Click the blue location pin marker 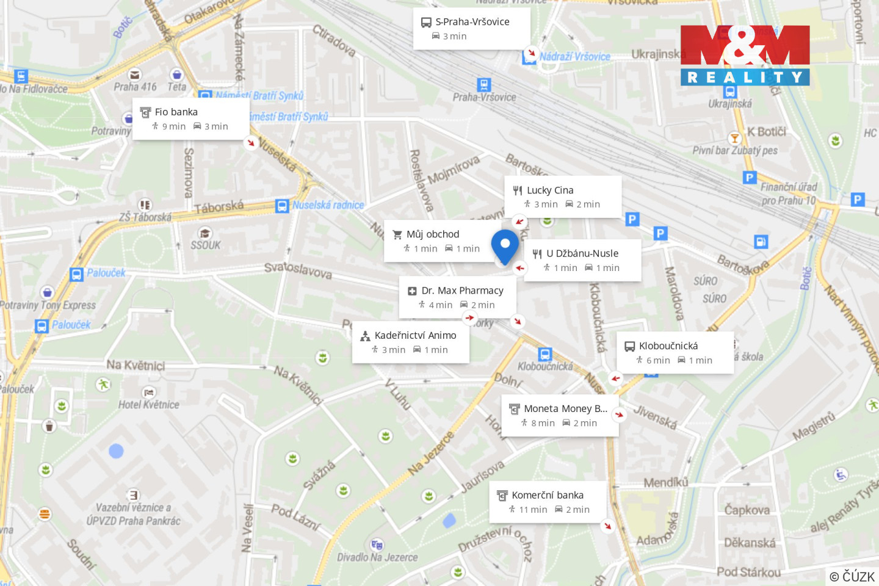505,245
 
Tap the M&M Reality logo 745,55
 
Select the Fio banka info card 190,119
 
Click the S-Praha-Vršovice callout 471,29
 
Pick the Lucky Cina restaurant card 562,197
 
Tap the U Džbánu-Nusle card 582,260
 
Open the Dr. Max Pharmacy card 457,297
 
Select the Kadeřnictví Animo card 410,342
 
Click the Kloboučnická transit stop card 675,352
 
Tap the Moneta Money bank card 560,415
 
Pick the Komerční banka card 548,502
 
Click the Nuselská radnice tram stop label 328,205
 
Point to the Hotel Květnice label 149,405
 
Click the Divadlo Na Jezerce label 377,557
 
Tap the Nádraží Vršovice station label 574,57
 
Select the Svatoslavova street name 298,270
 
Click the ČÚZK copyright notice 852,576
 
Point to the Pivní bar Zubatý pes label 735,150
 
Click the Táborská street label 219,208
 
